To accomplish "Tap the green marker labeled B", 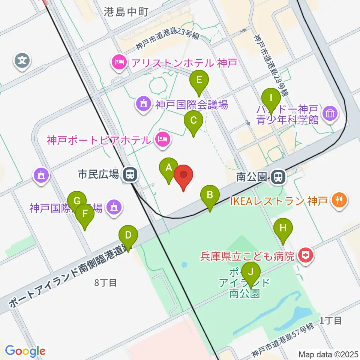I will [x=210, y=195].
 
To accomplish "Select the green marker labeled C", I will [x=193, y=121].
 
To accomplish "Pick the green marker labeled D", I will [x=128, y=236].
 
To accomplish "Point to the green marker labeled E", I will [x=199, y=80].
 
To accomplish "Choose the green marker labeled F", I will [x=85, y=215].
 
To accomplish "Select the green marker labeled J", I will [x=251, y=272].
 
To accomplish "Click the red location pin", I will [x=183, y=175].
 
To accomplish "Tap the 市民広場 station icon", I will [x=130, y=174].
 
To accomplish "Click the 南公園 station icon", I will [x=277, y=176].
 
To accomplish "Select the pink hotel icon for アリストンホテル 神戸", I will [x=119, y=62].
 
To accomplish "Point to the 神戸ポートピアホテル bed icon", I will [x=162, y=140].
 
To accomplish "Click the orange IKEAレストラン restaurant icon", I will [x=340, y=200].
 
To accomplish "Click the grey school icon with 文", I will [x=22, y=60].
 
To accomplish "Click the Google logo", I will [x=25, y=351].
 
